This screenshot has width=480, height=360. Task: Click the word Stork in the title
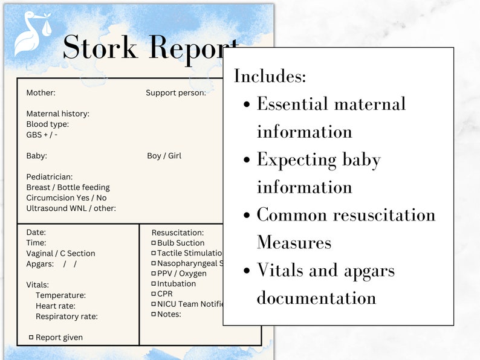click(100, 47)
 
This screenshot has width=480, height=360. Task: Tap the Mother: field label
click(41, 93)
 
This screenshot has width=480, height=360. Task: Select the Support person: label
click(175, 93)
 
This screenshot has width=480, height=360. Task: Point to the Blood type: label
click(47, 124)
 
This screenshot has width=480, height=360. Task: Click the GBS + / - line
click(42, 135)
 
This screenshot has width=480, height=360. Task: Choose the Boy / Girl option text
click(164, 156)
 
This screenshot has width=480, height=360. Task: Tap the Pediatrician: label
click(49, 177)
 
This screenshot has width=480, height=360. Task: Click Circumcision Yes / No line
click(66, 198)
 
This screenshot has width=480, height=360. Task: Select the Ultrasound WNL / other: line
click(71, 208)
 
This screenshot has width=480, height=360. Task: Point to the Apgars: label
click(40, 264)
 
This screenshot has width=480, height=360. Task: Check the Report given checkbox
click(31, 337)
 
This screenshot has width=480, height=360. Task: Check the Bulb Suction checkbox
click(154, 243)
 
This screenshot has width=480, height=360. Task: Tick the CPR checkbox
click(154, 294)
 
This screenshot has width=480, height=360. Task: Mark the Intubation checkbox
click(154, 283)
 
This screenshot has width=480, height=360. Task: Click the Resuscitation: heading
click(177, 233)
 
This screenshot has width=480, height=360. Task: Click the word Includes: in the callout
click(270, 77)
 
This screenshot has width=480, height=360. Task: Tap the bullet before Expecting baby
click(247, 160)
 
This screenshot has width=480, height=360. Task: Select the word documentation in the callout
click(316, 298)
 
